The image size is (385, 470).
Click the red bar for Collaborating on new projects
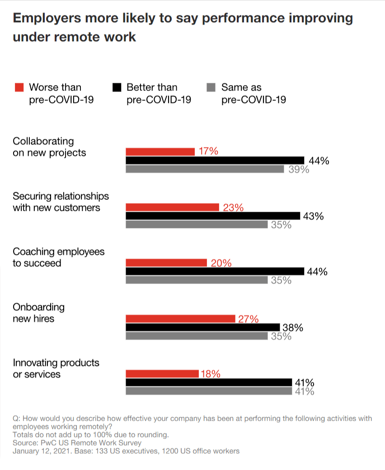pyautogui.click(x=160, y=152)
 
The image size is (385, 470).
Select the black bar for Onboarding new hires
pyautogui.click(x=202, y=327)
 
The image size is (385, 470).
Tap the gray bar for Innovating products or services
pyautogui.click(x=209, y=391)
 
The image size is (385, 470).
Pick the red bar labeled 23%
pyautogui.click(x=172, y=207)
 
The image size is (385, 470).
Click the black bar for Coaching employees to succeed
pyautogui.click(x=215, y=271)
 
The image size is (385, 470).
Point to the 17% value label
pyautogui.click(x=208, y=152)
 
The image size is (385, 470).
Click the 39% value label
pyautogui.click(x=299, y=170)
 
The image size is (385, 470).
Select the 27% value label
pyautogui.click(x=248, y=319)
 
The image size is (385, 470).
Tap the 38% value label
pyautogui.click(x=292, y=328)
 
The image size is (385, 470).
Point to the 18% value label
pyautogui.click(x=210, y=374)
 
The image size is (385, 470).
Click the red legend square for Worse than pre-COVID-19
pyautogui.click(x=19, y=87)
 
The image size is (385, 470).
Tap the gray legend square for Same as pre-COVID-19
pyautogui.click(x=211, y=87)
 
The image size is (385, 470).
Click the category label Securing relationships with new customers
pyautogui.click(x=61, y=202)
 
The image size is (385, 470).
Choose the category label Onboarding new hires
pyautogui.click(x=38, y=313)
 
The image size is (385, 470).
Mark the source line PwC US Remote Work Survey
pyautogui.click(x=77, y=443)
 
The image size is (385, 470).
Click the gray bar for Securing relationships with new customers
pyautogui.click(x=196, y=225)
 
